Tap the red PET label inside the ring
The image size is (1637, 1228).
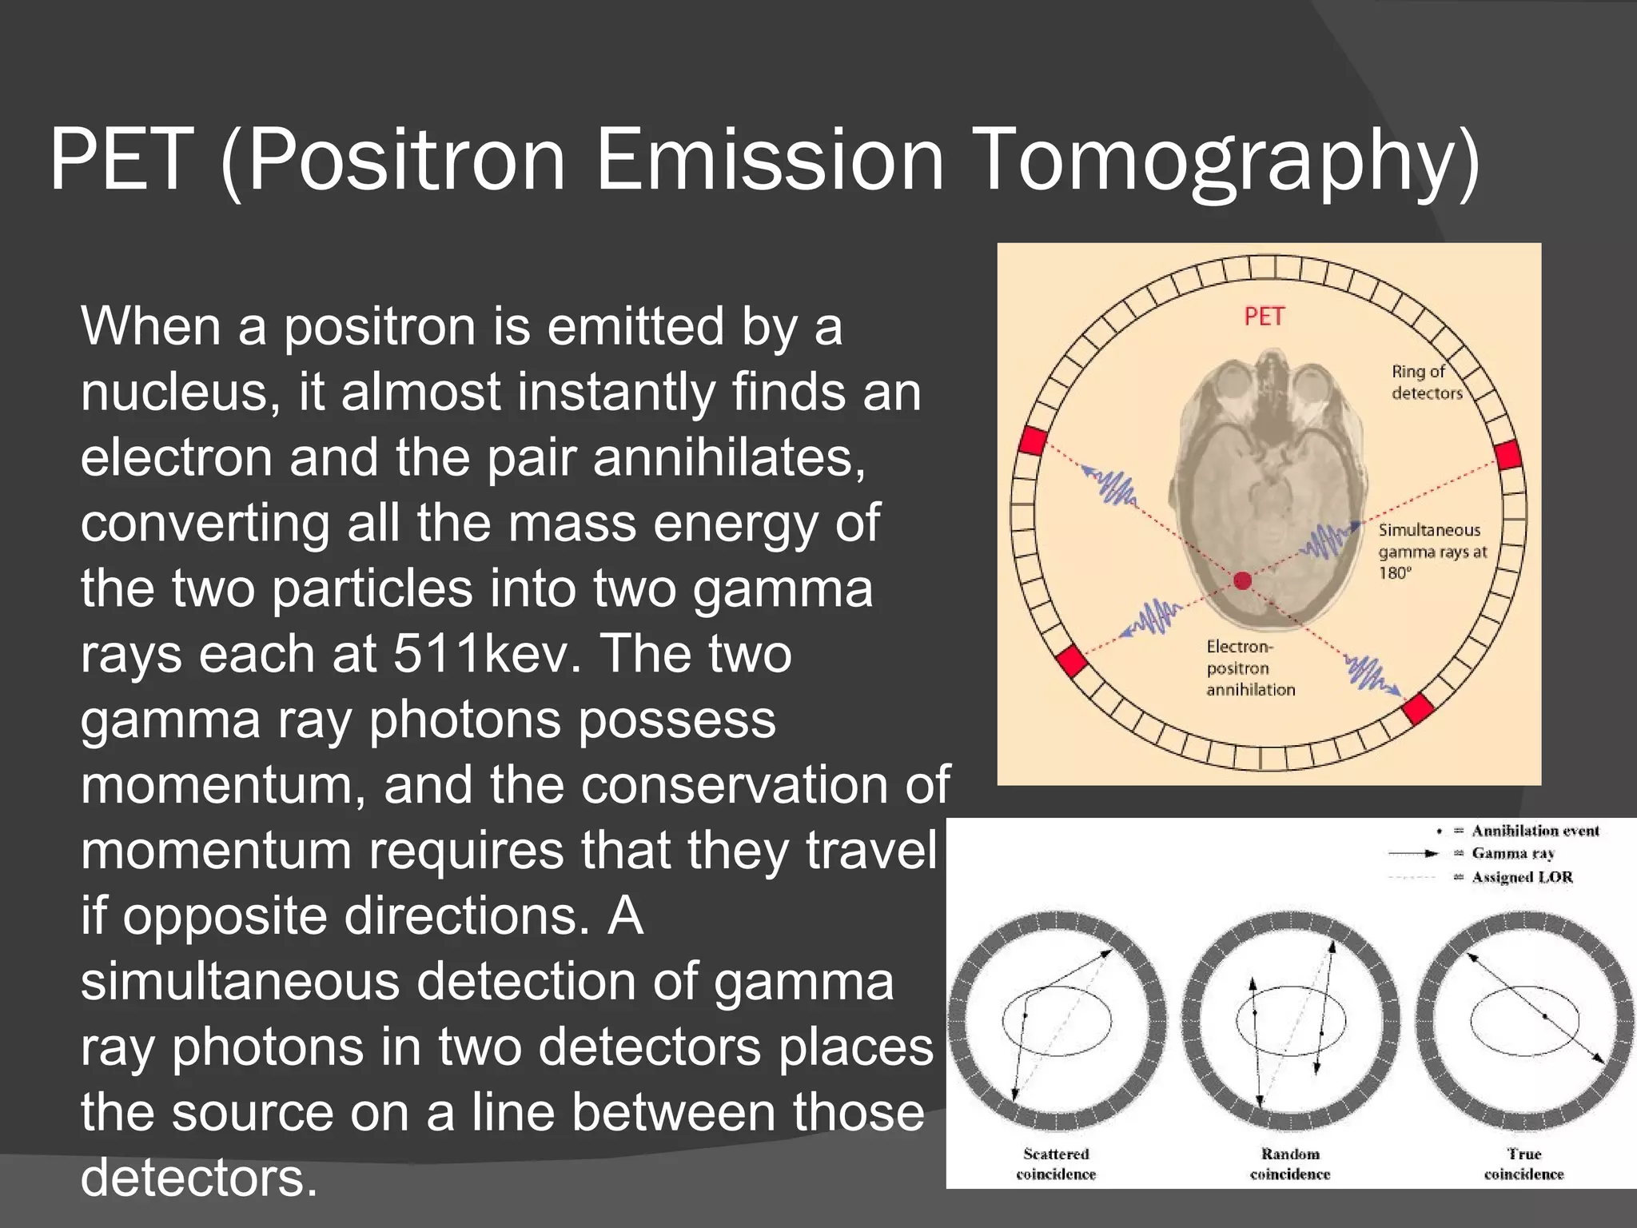1264,317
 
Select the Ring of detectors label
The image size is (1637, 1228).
1426,382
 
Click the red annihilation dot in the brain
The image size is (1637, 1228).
1242,580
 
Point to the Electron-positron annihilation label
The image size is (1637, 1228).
1250,668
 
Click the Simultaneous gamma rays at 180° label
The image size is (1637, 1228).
1432,551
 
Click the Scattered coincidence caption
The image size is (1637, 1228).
1056,1164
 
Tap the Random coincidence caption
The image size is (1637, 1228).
1290,1164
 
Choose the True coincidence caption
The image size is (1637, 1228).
1523,1164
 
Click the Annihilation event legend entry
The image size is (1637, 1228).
1535,831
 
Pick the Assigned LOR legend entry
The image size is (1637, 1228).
1522,877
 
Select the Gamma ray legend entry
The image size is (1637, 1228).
1512,854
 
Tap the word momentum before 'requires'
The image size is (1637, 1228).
216,851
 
